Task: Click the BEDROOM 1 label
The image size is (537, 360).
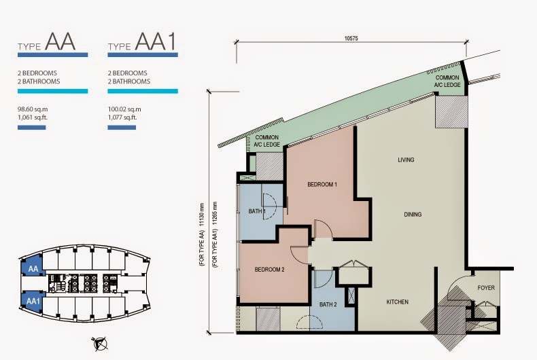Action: click(x=322, y=185)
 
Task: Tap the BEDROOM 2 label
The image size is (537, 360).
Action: click(x=270, y=270)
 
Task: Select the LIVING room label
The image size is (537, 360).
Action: click(x=406, y=160)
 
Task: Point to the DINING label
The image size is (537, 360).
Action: click(x=413, y=215)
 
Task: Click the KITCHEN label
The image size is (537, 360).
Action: click(x=397, y=302)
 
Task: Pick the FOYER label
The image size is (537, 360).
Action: click(x=486, y=287)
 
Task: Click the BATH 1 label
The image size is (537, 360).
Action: click(x=257, y=212)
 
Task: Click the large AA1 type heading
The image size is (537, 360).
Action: click(x=156, y=41)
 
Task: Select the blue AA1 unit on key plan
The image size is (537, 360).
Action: click(x=31, y=300)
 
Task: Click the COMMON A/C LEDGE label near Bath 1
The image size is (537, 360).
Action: click(x=266, y=141)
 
